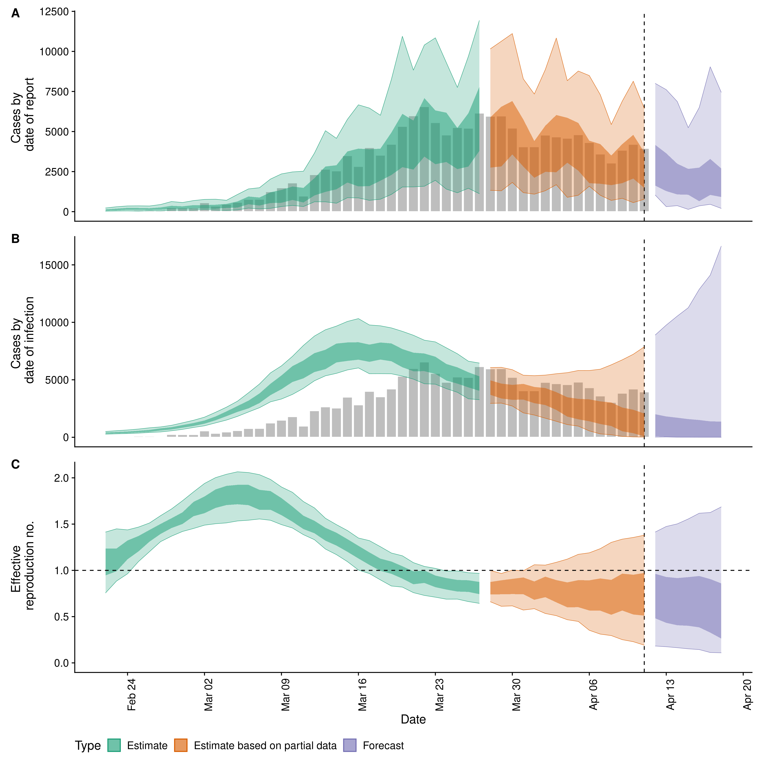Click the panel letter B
tap(15, 239)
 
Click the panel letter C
tap(15, 464)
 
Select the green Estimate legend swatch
tap(114, 745)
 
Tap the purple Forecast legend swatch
tap(350, 745)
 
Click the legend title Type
tap(88, 746)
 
